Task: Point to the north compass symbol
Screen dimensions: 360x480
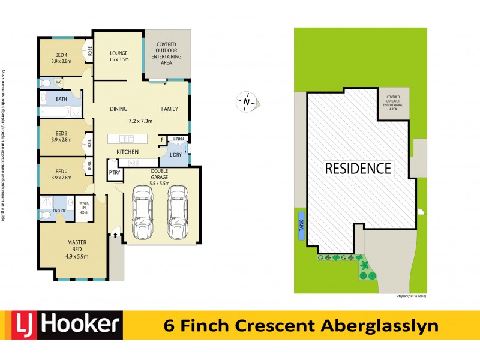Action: pos(246,102)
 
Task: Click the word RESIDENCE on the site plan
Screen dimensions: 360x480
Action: pos(358,169)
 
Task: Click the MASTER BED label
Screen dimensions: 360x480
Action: pos(77,245)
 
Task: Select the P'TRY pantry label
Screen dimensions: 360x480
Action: pos(113,173)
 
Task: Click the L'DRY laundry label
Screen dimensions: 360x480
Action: pos(176,155)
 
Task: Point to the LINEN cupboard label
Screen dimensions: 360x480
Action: pos(178,139)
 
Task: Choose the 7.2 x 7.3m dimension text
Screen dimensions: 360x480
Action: pos(141,121)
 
